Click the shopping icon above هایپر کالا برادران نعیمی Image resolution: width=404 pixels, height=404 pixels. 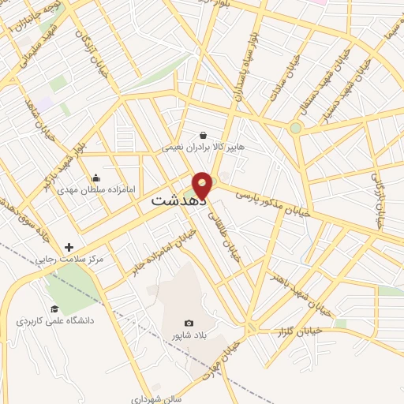point(204,135)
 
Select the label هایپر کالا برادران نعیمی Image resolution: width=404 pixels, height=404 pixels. point(204,147)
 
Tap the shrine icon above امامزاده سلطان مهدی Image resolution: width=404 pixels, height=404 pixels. point(96,178)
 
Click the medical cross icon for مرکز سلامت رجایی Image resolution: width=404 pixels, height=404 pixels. point(69,247)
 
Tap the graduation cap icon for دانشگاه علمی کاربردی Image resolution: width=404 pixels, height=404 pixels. point(54,309)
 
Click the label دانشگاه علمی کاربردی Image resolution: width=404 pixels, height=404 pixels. point(54,321)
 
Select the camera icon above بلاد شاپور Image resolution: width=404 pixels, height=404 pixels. point(189,323)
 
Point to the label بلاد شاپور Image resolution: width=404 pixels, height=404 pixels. point(189,335)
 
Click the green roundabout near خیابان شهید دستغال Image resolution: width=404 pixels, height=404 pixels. point(295,128)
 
